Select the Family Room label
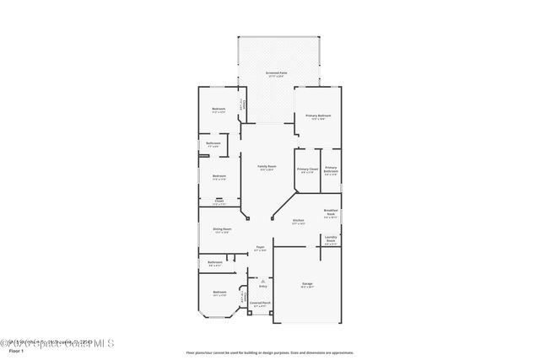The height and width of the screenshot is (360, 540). (x=267, y=167)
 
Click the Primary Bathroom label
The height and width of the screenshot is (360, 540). (x=331, y=169)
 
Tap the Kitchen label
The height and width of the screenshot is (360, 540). (x=298, y=221)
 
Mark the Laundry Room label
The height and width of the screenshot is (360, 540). (x=332, y=239)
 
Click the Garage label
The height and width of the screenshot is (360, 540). (x=307, y=284)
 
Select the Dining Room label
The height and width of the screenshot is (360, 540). (x=223, y=228)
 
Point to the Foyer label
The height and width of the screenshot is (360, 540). (x=261, y=247)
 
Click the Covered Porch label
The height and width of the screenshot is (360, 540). (x=260, y=302)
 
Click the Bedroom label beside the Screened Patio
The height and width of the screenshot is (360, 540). (x=219, y=110)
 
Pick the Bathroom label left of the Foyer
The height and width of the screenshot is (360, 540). (x=215, y=262)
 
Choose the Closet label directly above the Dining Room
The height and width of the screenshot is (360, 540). (x=219, y=201)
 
